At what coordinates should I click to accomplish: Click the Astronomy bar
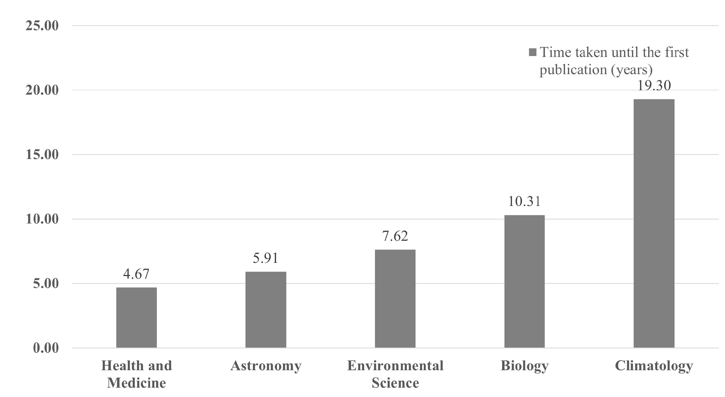click(266, 309)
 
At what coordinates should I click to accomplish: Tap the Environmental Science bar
click(395, 298)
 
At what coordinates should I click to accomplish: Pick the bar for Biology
click(524, 281)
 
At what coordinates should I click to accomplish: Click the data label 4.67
click(136, 274)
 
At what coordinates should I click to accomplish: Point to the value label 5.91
click(265, 258)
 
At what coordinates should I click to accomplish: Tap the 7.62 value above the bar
click(395, 236)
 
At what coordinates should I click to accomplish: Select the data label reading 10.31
click(524, 202)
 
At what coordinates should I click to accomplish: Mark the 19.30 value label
click(654, 85)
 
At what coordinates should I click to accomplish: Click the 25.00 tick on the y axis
click(42, 26)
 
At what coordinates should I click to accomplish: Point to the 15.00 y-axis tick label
click(42, 155)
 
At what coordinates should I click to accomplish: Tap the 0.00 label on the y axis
click(46, 348)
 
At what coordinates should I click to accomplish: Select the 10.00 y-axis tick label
click(42, 219)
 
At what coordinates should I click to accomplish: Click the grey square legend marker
click(533, 52)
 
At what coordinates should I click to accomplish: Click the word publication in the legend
click(574, 70)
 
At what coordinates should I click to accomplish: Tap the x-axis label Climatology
click(654, 366)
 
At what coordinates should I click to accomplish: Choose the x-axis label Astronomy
click(266, 366)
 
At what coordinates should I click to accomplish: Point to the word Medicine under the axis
click(136, 383)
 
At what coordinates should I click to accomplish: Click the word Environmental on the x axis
click(395, 366)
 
